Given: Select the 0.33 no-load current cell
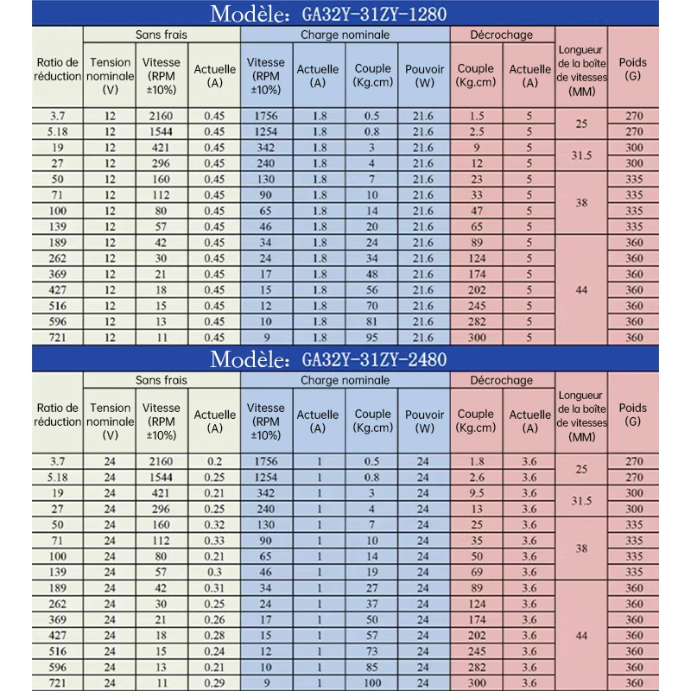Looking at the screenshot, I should click(214, 540).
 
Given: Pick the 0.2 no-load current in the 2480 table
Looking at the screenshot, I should click(214, 461).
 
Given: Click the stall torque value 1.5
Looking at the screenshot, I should click(476, 116).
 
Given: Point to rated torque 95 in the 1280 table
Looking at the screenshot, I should click(372, 337).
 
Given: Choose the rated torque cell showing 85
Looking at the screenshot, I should click(372, 667).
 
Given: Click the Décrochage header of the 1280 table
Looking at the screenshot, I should click(502, 35).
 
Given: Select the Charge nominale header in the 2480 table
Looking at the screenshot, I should click(345, 380).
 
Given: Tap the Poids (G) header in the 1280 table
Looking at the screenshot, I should click(633, 69).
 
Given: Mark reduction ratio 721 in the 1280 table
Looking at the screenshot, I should click(58, 337).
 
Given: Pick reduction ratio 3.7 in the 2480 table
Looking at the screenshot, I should click(58, 461).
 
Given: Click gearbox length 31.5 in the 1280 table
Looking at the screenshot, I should click(581, 155).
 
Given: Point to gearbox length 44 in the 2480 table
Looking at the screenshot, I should click(581, 635).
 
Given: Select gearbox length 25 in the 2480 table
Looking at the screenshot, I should click(581, 469).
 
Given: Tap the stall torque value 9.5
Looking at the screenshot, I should click(476, 493).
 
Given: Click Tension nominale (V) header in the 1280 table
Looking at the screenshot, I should click(110, 75).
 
